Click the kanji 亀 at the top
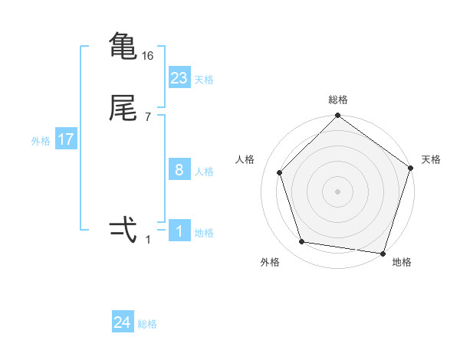(x=123, y=46)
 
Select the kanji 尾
(x=123, y=110)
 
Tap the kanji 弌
(x=123, y=229)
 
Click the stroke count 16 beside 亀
(x=148, y=56)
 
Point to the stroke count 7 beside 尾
(x=148, y=117)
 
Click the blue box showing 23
(x=179, y=78)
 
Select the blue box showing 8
(x=179, y=170)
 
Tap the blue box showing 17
(x=65, y=140)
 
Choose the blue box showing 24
(x=122, y=323)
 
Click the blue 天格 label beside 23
(x=204, y=80)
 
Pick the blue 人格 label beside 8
(x=204, y=172)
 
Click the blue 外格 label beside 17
(x=41, y=141)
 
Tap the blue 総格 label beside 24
(x=147, y=325)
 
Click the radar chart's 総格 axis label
(x=337, y=100)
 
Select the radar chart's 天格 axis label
(x=431, y=159)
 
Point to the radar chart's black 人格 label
(x=245, y=159)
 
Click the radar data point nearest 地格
(x=383, y=253)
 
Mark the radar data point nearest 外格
(x=302, y=242)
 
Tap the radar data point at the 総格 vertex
(x=337, y=116)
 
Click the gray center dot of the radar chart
(x=337, y=191)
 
